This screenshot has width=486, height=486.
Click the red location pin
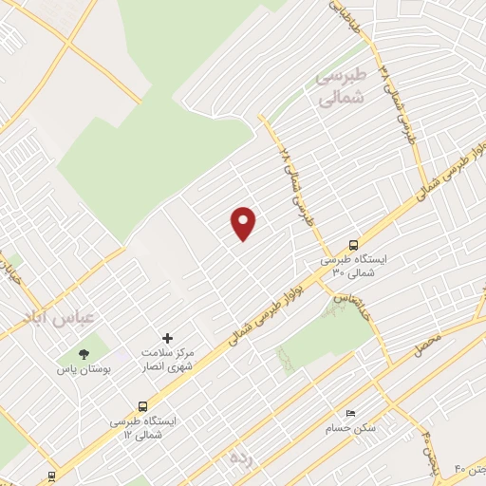point(244,223)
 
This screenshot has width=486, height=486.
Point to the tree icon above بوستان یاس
point(84,353)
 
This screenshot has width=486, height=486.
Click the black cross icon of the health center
point(168,338)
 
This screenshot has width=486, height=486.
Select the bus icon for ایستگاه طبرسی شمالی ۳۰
point(353,243)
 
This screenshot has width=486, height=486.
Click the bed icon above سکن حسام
point(350,414)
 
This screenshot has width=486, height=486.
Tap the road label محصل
point(427,346)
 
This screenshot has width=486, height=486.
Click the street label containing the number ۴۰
point(469,468)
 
